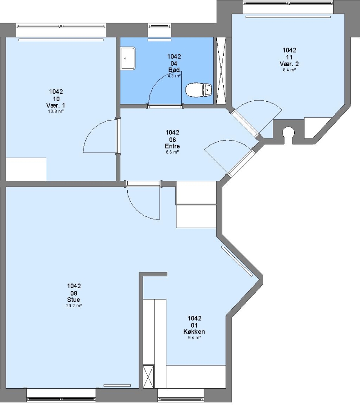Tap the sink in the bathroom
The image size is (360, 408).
click(x=128, y=58)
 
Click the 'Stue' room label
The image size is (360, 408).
click(x=74, y=300)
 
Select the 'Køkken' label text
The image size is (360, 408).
click(x=194, y=332)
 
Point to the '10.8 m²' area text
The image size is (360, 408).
click(x=56, y=111)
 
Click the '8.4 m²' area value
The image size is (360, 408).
click(x=289, y=70)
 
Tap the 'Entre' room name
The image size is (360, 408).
click(x=172, y=146)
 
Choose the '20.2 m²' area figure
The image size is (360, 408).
click(x=74, y=306)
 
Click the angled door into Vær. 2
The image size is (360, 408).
click(x=256, y=118)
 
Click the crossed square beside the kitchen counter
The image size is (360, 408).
click(x=148, y=377)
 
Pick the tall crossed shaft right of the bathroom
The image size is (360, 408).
click(x=221, y=71)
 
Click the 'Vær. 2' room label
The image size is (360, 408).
click(x=289, y=64)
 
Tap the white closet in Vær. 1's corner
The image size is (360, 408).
click(x=26, y=169)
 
